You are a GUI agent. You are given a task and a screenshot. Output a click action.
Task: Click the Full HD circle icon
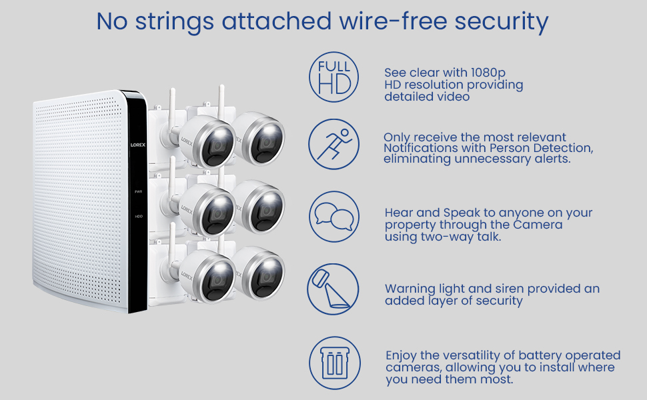click(x=334, y=77)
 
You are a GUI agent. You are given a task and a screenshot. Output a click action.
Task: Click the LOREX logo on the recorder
click(x=139, y=143)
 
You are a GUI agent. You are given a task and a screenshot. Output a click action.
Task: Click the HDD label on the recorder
click(x=139, y=216)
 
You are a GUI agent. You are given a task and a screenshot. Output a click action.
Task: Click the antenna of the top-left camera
click(x=171, y=107)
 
